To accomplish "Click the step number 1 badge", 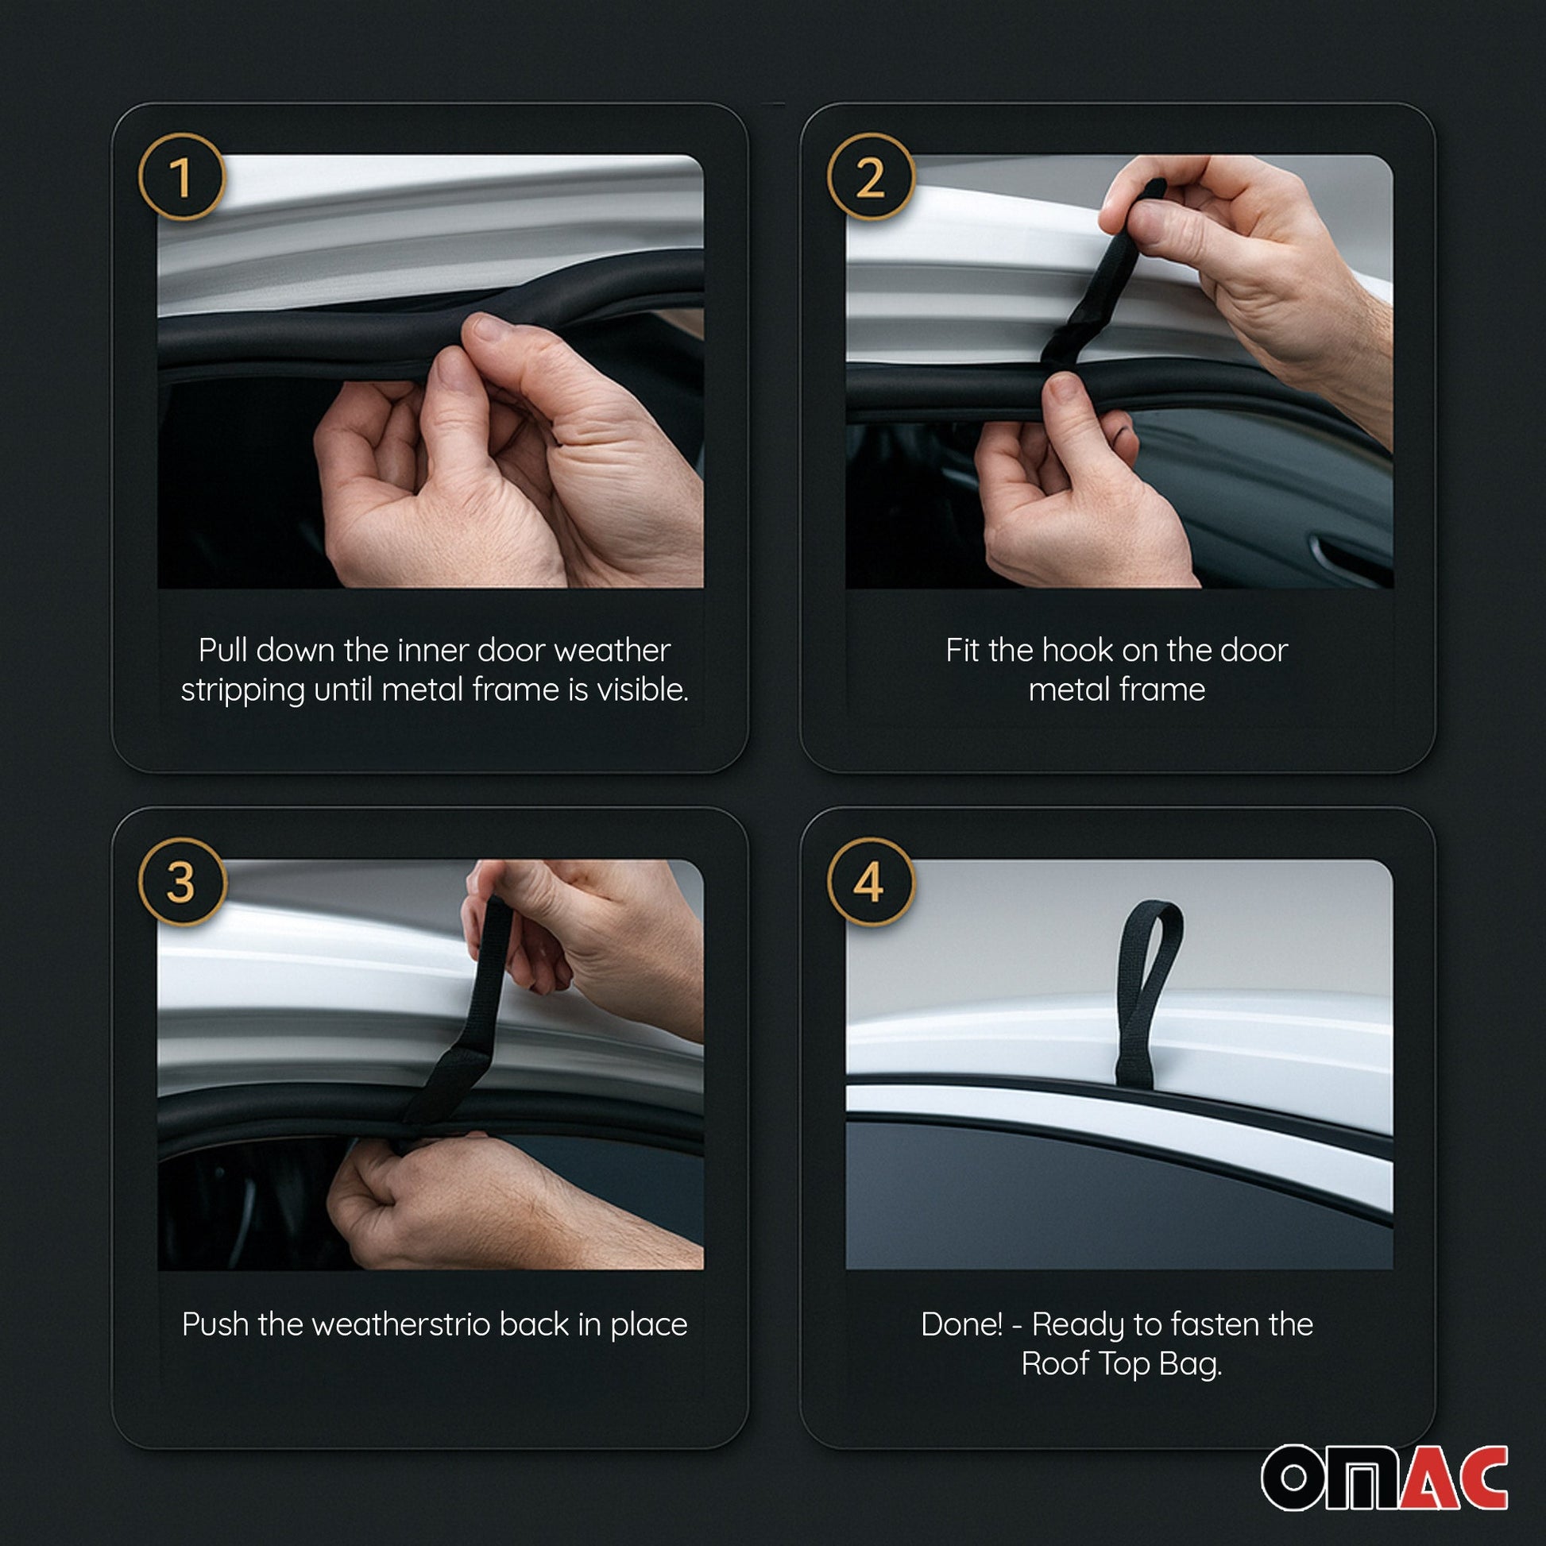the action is [x=183, y=177].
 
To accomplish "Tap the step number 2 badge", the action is [x=871, y=177].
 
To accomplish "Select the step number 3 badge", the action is [x=183, y=882].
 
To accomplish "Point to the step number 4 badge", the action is [x=871, y=882].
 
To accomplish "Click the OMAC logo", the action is [x=1385, y=1477].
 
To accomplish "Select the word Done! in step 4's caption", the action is [x=962, y=1324].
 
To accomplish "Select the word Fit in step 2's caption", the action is [x=964, y=650].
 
